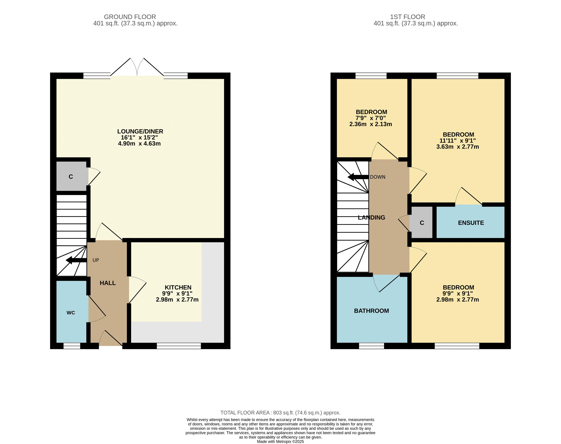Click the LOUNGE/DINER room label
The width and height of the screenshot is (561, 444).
pyautogui.click(x=140, y=131)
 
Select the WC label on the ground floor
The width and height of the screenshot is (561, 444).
pyautogui.click(x=71, y=313)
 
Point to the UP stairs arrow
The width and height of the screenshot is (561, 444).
pyautogui.click(x=76, y=260)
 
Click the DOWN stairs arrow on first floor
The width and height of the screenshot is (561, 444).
pyautogui.click(x=358, y=177)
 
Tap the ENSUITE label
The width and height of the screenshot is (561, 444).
pyautogui.click(x=471, y=223)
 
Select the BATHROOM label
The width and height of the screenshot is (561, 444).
pyautogui.click(x=371, y=311)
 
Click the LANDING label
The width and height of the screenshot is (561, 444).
pyautogui.click(x=371, y=218)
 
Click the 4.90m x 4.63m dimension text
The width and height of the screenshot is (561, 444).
pyautogui.click(x=139, y=143)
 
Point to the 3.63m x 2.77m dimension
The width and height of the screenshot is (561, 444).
pyautogui.click(x=458, y=147)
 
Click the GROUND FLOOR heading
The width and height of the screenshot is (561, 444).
pyautogui.click(x=130, y=17)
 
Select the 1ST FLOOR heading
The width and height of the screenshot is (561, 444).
pyautogui.click(x=408, y=17)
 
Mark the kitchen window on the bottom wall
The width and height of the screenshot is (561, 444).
pyautogui.click(x=179, y=346)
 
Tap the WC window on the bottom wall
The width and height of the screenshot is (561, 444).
pyautogui.click(x=72, y=346)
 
